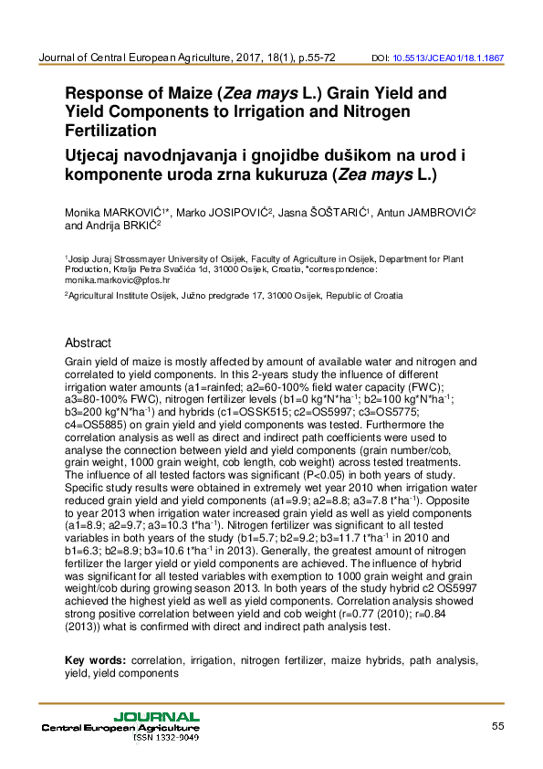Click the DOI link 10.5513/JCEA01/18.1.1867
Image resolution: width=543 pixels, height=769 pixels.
[448, 58]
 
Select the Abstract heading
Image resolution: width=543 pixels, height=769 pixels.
[88, 343]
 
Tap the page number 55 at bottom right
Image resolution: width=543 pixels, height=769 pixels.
[497, 726]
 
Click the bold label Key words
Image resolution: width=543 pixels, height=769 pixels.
[95, 659]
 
